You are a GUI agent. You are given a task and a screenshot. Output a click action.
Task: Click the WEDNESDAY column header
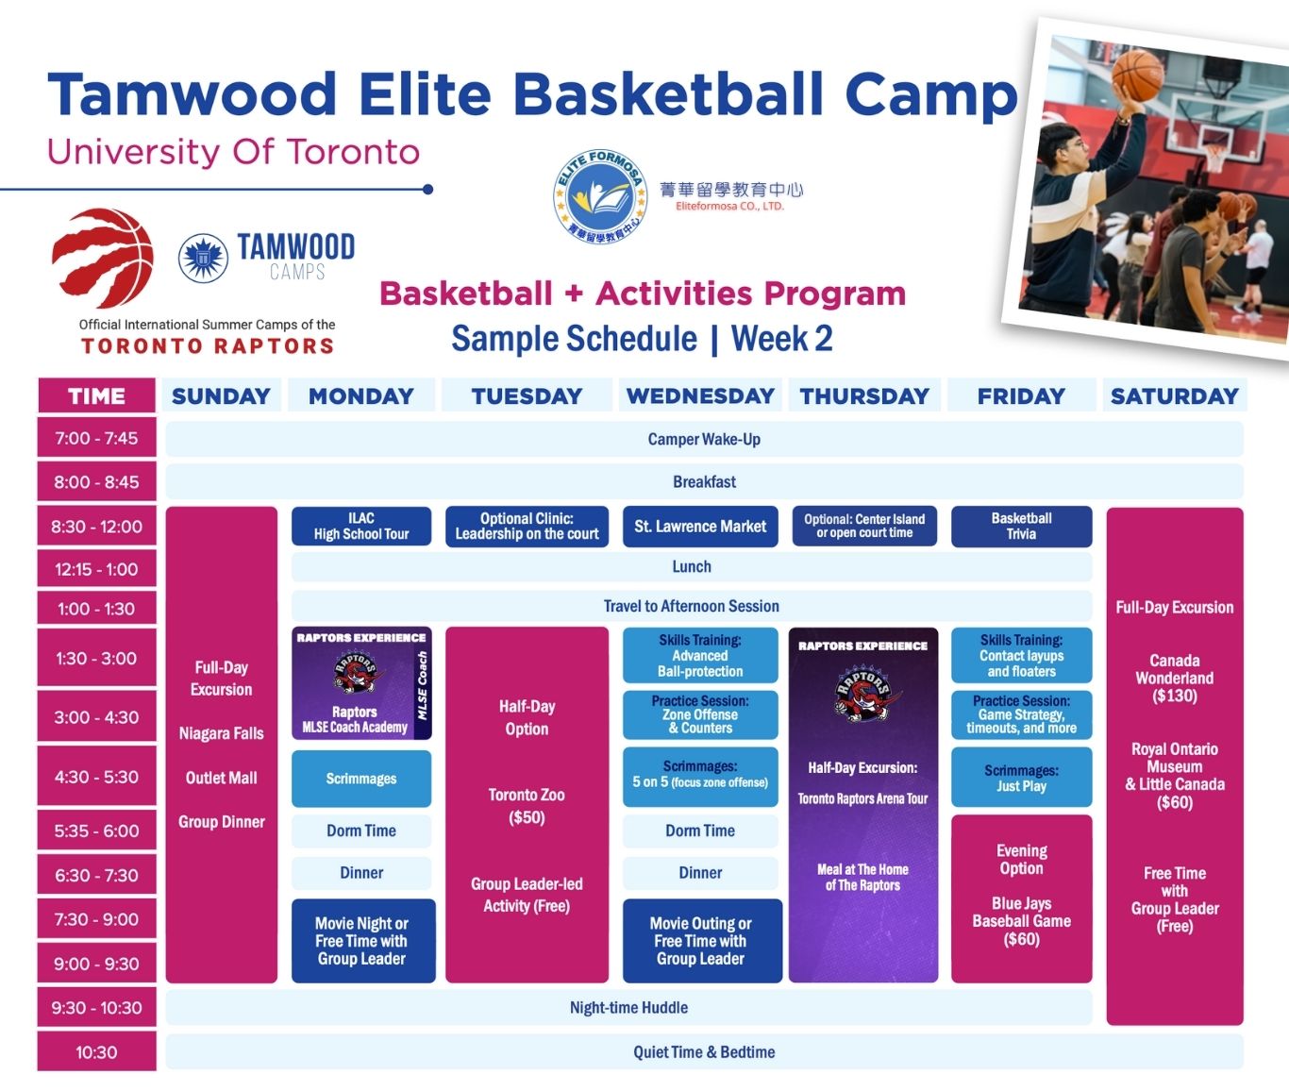pyautogui.click(x=700, y=395)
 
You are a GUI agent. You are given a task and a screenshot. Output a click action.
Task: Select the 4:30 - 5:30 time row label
pyautogui.click(x=96, y=777)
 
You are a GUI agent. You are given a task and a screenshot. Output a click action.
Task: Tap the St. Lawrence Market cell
pyautogui.click(x=700, y=527)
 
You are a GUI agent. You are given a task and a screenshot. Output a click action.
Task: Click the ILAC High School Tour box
pyautogui.click(x=361, y=526)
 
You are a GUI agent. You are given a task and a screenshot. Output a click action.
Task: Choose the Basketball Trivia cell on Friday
pyautogui.click(x=1021, y=526)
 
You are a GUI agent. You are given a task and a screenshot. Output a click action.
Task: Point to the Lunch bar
pyautogui.click(x=692, y=566)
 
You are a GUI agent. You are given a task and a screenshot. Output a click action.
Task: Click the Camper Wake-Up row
pyautogui.click(x=704, y=439)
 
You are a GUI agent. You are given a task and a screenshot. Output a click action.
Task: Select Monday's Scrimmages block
pyautogui.click(x=361, y=779)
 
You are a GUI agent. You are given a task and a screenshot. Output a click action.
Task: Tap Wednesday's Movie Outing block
pyautogui.click(x=702, y=941)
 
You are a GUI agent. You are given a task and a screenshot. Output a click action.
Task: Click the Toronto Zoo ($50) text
pyautogui.click(x=527, y=806)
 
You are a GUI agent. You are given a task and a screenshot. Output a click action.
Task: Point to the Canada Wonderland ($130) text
pyautogui.click(x=1174, y=678)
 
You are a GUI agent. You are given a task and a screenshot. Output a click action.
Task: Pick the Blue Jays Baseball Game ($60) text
pyautogui.click(x=1021, y=921)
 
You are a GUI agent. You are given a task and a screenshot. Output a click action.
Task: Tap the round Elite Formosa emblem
pyautogui.click(x=600, y=196)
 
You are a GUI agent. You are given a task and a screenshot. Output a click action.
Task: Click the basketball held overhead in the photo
pyautogui.click(x=1137, y=75)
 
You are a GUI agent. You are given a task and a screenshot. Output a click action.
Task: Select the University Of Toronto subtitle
pyautogui.click(x=233, y=152)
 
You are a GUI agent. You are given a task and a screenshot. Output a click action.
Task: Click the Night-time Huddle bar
pyautogui.click(x=628, y=1007)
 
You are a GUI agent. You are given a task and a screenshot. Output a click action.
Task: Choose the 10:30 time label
pyautogui.click(x=96, y=1052)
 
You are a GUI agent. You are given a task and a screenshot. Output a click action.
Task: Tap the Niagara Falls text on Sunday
pyautogui.click(x=222, y=733)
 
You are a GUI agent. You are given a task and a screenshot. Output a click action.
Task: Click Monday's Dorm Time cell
pyautogui.click(x=361, y=831)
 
